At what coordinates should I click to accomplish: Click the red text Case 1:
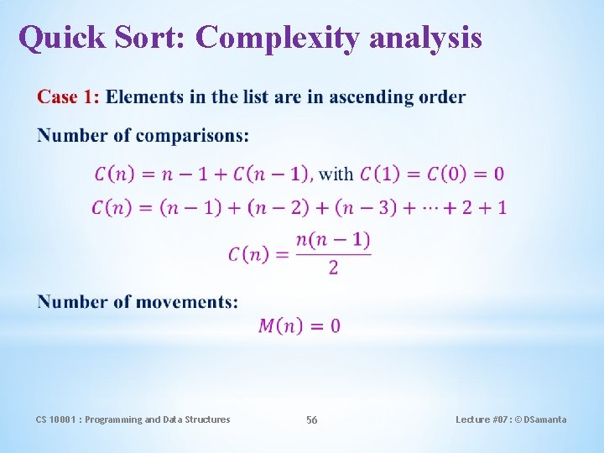click(68, 97)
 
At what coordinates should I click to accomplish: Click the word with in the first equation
click(336, 174)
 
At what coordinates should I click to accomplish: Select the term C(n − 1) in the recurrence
click(272, 174)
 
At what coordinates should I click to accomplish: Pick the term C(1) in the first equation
click(380, 174)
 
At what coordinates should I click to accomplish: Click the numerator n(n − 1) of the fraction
click(333, 241)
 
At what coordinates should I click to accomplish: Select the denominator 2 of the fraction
click(333, 268)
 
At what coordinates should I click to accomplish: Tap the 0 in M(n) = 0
click(336, 326)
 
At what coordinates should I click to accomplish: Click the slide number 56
click(311, 419)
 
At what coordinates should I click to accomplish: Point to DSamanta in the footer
click(543, 419)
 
